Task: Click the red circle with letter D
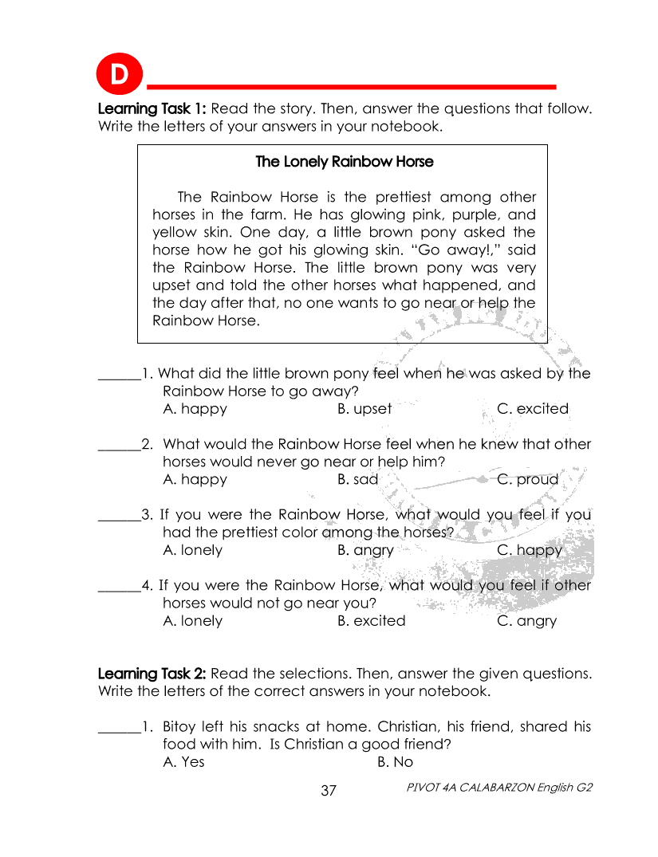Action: pyautogui.click(x=118, y=76)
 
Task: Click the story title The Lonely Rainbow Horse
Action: pyautogui.click(x=344, y=162)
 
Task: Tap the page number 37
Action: pyautogui.click(x=329, y=791)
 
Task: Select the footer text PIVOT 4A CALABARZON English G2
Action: pyautogui.click(x=498, y=788)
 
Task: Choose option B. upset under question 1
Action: pyautogui.click(x=364, y=409)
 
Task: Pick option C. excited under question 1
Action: pyautogui.click(x=533, y=409)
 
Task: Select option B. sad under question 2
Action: pyautogui.click(x=357, y=480)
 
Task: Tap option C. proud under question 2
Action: pyautogui.click(x=527, y=480)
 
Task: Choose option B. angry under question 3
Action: pyautogui.click(x=365, y=551)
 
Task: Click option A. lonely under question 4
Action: pyautogui.click(x=192, y=621)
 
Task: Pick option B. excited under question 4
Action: pyautogui.click(x=371, y=621)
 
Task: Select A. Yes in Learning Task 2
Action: pyautogui.click(x=183, y=762)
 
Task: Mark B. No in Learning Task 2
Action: pyautogui.click(x=395, y=762)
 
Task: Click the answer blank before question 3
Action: pyautogui.click(x=119, y=516)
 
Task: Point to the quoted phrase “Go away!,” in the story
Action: pyautogui.click(x=448, y=250)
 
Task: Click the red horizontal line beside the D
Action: pyautogui.click(x=351, y=86)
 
